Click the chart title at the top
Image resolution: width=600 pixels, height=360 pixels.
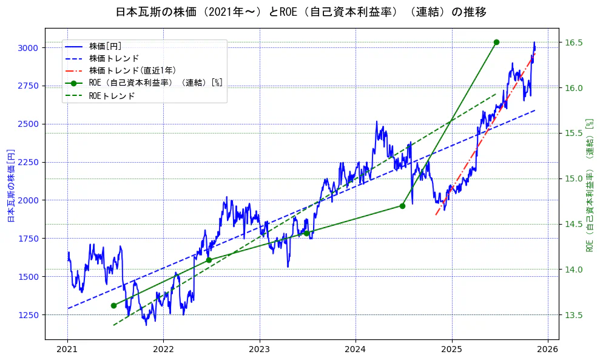(x=300, y=12)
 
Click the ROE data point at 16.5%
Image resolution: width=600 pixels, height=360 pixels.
(x=496, y=42)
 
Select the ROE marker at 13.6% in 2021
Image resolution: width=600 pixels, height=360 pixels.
(x=113, y=305)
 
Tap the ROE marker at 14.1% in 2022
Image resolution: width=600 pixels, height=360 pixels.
(x=209, y=260)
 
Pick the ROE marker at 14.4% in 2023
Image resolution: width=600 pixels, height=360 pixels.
(x=306, y=233)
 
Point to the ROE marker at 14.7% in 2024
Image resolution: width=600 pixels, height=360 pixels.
(x=402, y=206)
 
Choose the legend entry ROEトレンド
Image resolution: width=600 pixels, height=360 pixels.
(x=112, y=96)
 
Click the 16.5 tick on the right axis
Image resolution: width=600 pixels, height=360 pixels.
(x=575, y=42)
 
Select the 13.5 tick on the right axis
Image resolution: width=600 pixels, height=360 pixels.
(x=575, y=315)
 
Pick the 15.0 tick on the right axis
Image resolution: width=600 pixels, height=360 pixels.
(x=575, y=178)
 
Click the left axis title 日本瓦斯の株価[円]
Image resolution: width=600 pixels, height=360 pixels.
(x=10, y=185)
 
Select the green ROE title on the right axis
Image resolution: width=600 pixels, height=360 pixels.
(x=589, y=185)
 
